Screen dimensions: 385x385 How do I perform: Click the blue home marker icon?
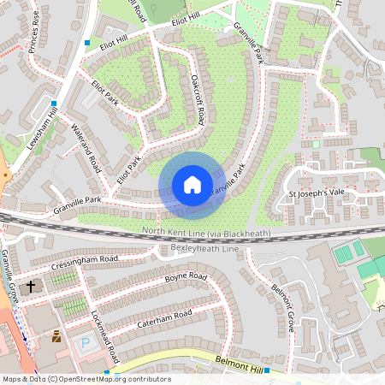[192, 185]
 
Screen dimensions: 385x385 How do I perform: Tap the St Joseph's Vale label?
[315, 192]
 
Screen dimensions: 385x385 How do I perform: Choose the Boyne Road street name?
[186, 278]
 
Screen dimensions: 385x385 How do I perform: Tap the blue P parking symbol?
[84, 341]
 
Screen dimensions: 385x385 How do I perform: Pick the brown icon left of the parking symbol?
[56, 336]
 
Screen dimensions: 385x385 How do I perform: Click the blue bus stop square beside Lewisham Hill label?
[54, 104]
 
